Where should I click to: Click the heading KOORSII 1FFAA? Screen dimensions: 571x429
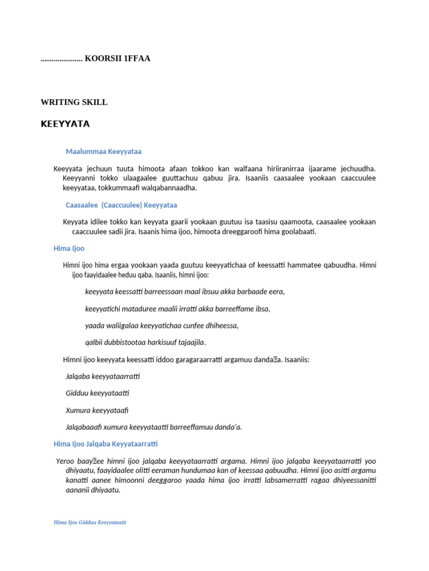[117, 58]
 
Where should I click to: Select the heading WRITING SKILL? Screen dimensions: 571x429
[74, 103]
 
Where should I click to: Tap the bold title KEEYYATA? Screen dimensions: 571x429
[65, 124]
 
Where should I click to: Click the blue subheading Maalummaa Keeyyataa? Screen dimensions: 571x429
[103, 152]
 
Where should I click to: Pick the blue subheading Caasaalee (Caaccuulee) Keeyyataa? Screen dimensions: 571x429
[121, 205]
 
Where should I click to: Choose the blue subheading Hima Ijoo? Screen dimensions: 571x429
[69, 248]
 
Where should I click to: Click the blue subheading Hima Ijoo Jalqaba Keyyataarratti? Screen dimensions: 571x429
[106, 444]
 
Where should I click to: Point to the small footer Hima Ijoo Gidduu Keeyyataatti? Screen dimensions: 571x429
[89, 522]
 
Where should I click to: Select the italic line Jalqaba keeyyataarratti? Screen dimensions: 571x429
[103, 376]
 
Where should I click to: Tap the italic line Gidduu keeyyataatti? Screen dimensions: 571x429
[98, 393]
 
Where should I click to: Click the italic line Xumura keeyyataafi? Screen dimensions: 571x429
[97, 410]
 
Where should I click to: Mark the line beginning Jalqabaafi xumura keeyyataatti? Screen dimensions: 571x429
[154, 427]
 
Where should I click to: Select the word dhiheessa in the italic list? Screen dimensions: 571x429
[222, 326]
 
